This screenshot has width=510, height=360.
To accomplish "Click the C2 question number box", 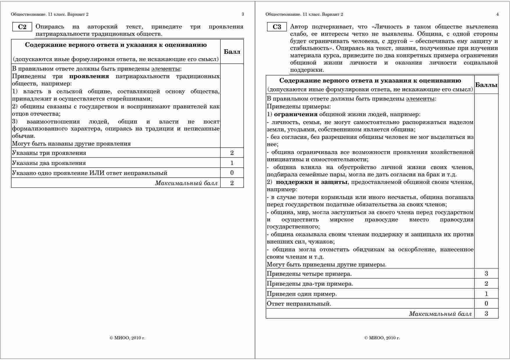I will point(22,27).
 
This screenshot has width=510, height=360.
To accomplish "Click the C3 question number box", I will point(277,27).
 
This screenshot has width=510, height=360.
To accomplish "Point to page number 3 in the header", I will point(243,14).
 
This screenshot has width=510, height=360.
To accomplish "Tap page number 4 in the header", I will point(497,14).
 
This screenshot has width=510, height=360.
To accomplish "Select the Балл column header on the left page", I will point(232,52).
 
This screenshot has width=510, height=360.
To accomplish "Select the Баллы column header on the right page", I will point(486,85).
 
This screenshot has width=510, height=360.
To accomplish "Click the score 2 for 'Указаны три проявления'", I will point(232,153).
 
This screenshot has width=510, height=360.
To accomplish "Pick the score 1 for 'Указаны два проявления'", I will point(232,163).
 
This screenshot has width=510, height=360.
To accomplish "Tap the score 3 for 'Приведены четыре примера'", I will point(486,273).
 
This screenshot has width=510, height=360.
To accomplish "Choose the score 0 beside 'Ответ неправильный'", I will point(486,304).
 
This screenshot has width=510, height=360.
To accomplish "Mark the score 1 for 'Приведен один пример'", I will point(486,294).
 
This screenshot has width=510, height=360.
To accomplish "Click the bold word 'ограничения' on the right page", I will point(296,114).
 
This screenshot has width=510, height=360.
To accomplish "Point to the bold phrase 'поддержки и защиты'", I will point(312,182).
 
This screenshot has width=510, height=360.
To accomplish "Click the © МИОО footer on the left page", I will point(127,338).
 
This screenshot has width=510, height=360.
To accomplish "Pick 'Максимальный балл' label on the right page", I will point(440,314).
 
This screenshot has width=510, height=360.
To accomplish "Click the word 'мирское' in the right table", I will point(341,220).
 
